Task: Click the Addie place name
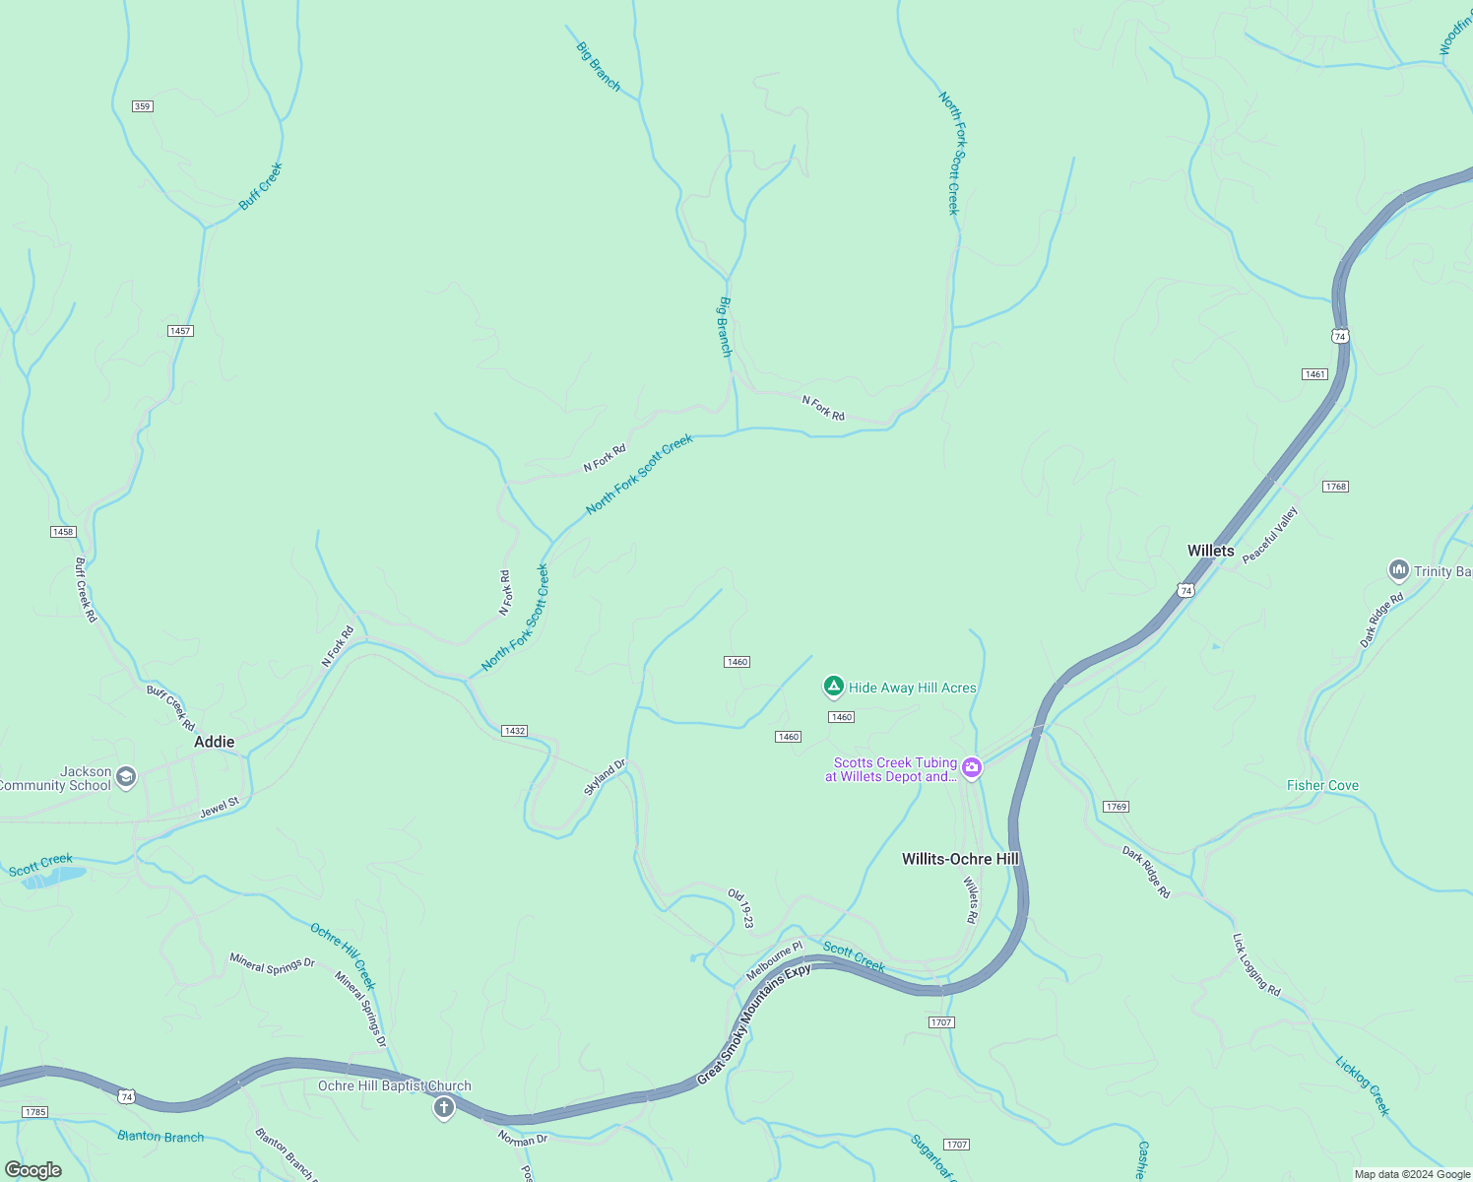[214, 742]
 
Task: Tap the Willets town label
[1210, 551]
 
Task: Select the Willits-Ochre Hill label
[960, 859]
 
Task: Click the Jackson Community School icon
[125, 777]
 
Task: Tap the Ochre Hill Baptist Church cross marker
[444, 1109]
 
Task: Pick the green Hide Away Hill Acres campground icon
[833, 687]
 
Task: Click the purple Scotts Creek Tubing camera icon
[972, 768]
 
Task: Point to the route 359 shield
[143, 106]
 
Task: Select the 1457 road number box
[179, 331]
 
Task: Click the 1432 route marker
[514, 731]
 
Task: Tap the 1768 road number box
[1335, 487]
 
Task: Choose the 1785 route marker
[34, 1112]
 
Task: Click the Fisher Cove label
[1322, 785]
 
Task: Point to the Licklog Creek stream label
[1363, 1085]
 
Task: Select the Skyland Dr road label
[605, 777]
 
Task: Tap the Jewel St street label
[220, 809]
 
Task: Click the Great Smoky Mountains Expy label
[753, 1024]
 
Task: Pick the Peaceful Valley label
[1270, 535]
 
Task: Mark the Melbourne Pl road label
[774, 960]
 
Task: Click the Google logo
[33, 1170]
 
